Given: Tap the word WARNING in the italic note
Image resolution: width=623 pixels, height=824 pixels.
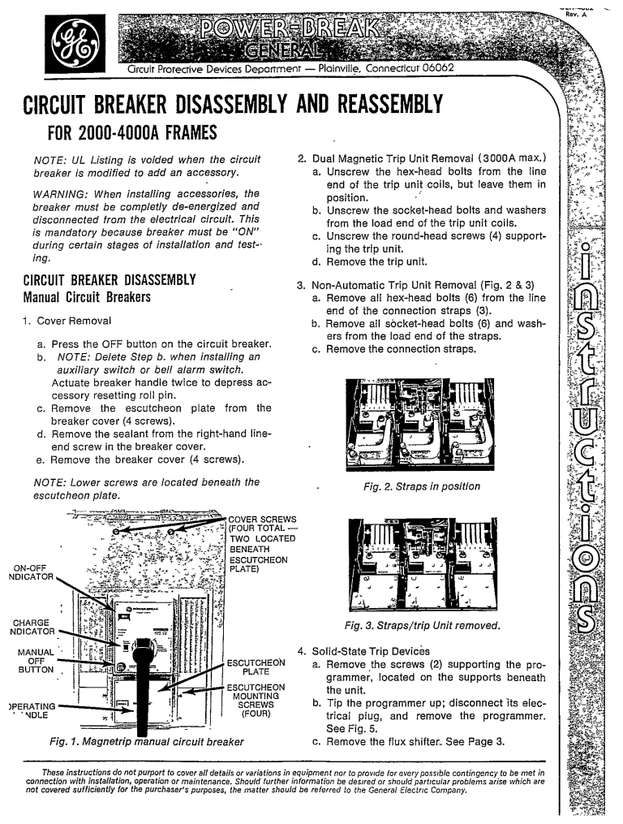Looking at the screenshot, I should pyautogui.click(x=61, y=194).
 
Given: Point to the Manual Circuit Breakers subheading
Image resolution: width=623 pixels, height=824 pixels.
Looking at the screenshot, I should pyautogui.click(x=88, y=297).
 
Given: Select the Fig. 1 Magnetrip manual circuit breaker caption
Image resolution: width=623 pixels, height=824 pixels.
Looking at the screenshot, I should pyautogui.click(x=146, y=741).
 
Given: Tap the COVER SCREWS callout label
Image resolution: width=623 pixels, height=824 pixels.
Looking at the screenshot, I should pyautogui.click(x=263, y=520).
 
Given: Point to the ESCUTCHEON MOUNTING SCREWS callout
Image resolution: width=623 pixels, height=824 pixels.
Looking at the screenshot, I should pyautogui.click(x=256, y=701).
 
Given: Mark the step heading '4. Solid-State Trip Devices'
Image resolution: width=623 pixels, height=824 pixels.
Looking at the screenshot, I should pyautogui.click(x=363, y=651).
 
